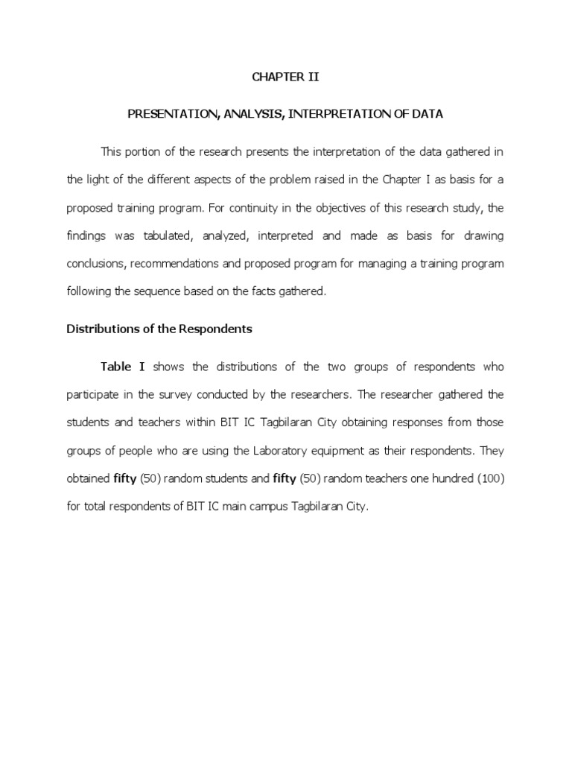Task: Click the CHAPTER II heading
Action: tap(286, 77)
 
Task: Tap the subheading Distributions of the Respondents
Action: tap(159, 329)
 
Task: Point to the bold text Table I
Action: tap(123, 367)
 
